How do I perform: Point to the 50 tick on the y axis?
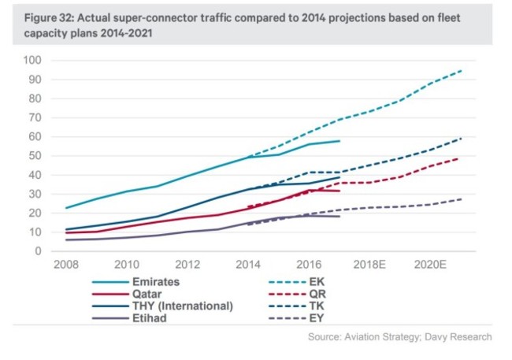tap(34, 156)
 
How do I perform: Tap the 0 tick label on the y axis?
tap(37, 251)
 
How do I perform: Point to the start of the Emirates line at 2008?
tap(66, 208)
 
